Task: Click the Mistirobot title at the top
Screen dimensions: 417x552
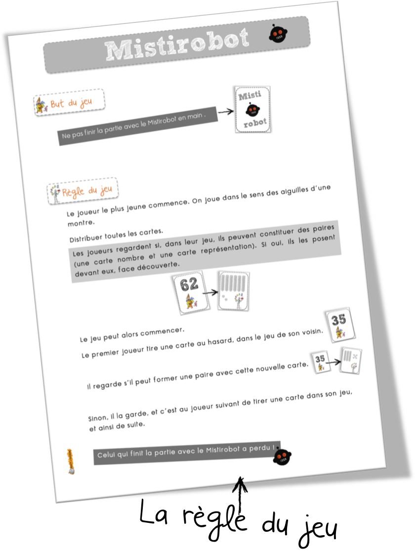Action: [177, 44]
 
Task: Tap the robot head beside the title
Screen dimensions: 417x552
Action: [278, 34]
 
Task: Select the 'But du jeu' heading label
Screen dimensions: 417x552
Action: [69, 102]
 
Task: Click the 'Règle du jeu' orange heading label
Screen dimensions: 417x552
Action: [83, 191]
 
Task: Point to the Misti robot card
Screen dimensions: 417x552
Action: [253, 109]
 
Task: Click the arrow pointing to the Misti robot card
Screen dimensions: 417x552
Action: [226, 112]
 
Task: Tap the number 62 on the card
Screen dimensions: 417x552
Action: [189, 284]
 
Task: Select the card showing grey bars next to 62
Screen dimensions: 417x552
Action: [234, 291]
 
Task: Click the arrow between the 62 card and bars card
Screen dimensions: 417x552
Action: [210, 292]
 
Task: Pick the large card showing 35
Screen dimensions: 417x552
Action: [339, 325]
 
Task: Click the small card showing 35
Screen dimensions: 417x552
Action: [320, 362]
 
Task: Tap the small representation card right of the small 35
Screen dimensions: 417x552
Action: [351, 361]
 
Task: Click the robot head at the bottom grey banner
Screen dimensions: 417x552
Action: [282, 456]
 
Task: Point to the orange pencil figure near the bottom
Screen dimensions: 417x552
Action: [71, 461]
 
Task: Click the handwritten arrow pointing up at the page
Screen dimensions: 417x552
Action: [241, 497]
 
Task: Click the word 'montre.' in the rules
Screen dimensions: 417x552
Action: [81, 223]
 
